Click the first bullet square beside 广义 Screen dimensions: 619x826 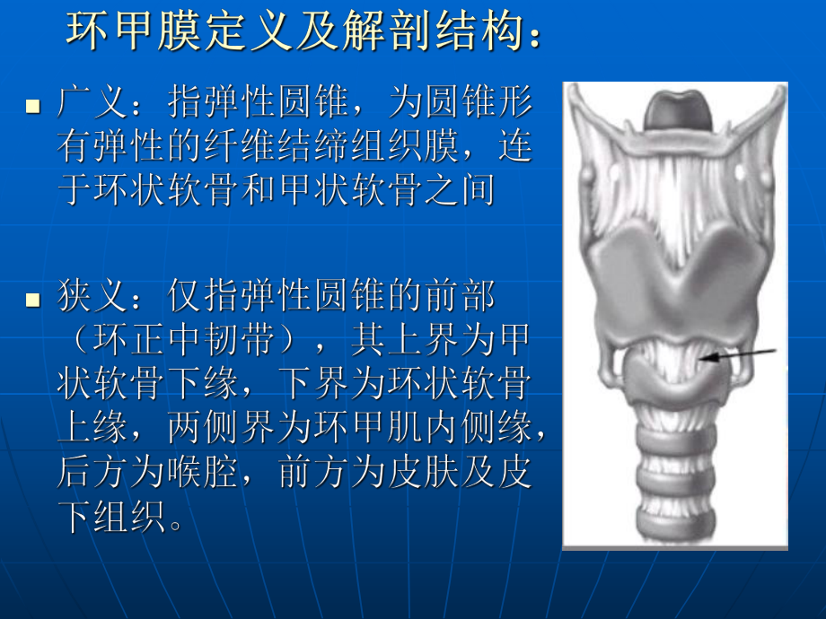tap(33, 107)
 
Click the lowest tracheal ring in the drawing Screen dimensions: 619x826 tap(674, 519)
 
